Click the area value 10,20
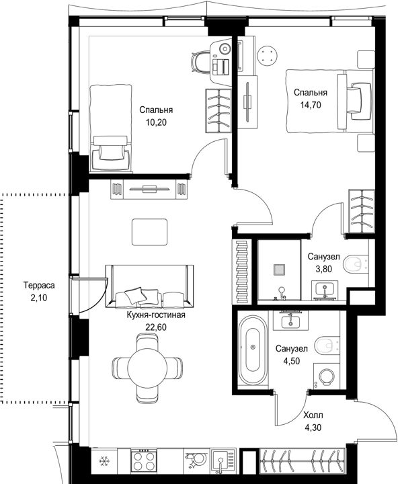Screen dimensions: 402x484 156,122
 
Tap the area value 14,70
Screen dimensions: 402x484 311,105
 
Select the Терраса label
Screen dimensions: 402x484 39,286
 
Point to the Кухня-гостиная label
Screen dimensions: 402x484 156,315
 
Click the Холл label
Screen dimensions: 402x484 313,415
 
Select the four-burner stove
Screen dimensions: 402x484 144,461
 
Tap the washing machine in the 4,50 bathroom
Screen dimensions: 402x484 326,376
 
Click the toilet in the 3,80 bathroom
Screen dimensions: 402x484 356,264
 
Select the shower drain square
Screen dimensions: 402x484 279,270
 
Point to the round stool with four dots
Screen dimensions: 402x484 268,56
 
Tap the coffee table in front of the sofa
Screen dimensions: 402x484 150,232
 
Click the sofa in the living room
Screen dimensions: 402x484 150,286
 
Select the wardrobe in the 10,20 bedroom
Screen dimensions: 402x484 218,110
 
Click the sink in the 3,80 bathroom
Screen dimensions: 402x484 325,289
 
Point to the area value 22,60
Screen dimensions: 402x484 155,327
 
